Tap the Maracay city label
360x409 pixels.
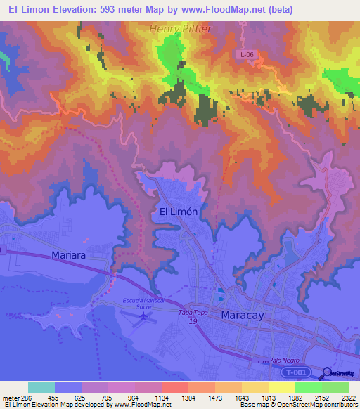pyautogui.click(x=243, y=316)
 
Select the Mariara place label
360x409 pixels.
pyautogui.click(x=69, y=255)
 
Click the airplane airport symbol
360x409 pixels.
pyautogui.click(x=146, y=316)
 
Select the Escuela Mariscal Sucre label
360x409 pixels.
pyautogui.click(x=143, y=304)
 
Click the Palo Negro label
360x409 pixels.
pyautogui.click(x=283, y=358)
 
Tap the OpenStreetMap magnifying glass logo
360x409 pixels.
pyautogui.click(x=328, y=373)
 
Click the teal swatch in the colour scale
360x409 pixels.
pyautogui.click(x=41, y=387)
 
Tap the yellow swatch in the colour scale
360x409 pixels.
pyautogui.click(x=282, y=387)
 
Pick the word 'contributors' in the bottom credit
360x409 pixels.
pyautogui.click(x=342, y=405)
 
